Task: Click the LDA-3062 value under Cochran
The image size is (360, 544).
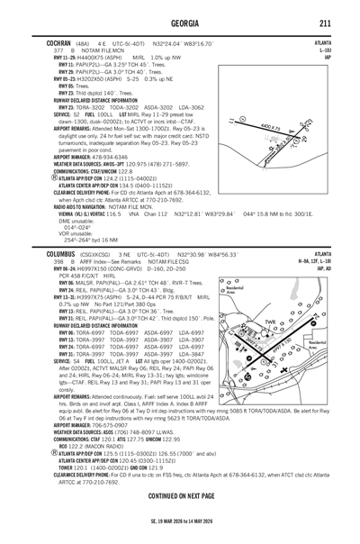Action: [x=185, y=106]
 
